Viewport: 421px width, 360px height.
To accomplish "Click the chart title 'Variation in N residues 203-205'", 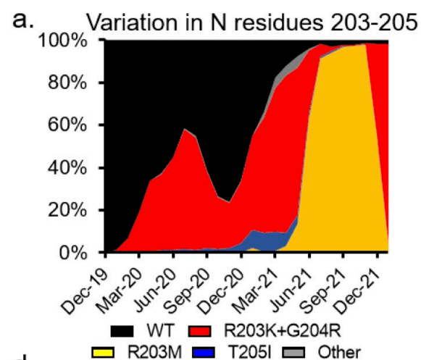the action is tap(252, 22).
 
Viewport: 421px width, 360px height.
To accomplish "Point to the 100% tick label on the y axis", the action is tap(63, 41).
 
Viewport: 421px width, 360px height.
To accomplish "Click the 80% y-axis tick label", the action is tap(67, 83).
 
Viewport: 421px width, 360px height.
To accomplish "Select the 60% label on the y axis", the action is tap(67, 125).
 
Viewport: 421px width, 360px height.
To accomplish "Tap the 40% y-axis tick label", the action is tap(67, 168).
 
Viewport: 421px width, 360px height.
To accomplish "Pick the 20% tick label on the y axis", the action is tap(67, 210).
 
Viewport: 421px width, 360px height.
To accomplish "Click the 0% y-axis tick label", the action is tap(73, 253).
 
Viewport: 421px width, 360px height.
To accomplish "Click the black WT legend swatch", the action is tap(122, 331).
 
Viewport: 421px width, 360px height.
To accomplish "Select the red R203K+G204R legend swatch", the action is tap(199, 331).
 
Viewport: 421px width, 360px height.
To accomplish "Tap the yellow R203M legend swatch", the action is tap(102, 352).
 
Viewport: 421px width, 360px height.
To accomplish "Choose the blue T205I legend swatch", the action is tap(204, 352).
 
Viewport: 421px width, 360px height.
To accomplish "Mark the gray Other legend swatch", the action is tap(294, 352).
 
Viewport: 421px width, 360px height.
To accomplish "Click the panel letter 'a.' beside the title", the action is tap(23, 20).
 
